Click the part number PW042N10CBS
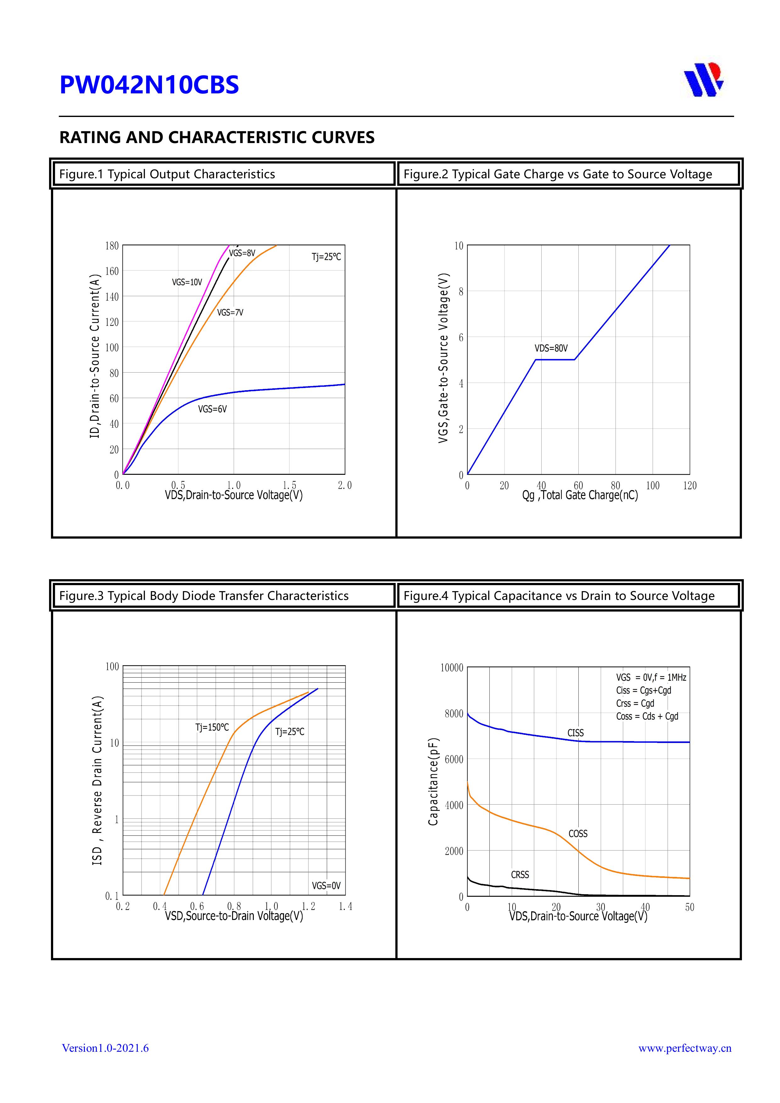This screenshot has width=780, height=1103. tap(149, 85)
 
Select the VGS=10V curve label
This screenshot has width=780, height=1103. tap(187, 282)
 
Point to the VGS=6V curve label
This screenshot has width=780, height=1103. tap(212, 409)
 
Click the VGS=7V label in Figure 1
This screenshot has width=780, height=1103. tap(230, 313)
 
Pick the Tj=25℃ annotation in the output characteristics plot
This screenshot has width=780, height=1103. tap(326, 257)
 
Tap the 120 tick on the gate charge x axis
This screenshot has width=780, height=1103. tap(690, 486)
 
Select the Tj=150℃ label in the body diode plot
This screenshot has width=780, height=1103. tap(212, 727)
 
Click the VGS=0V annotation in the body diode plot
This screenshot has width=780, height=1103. tap(326, 885)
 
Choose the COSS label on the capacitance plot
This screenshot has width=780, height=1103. tap(578, 834)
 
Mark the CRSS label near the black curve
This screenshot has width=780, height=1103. tap(520, 874)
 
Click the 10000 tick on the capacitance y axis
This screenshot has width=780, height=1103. tap(452, 668)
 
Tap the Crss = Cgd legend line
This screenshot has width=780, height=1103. tap(635, 703)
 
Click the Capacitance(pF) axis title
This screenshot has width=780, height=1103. tap(433, 782)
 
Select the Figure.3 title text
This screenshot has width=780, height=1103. tap(204, 596)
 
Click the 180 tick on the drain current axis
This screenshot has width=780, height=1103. tap(112, 246)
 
